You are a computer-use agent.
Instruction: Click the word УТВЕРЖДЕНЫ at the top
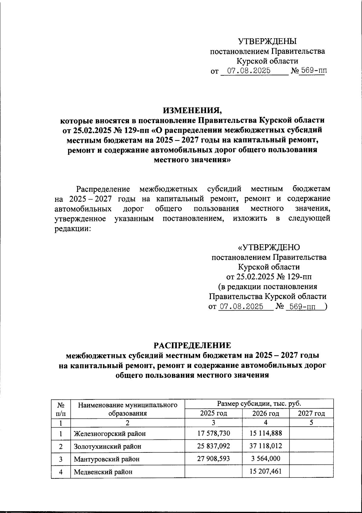tap(267, 41)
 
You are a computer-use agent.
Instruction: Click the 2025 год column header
tap(213, 413)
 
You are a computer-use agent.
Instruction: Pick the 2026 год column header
tap(265, 413)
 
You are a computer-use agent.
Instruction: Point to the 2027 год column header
tap(311, 413)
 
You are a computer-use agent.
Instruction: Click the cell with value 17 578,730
tap(213, 433)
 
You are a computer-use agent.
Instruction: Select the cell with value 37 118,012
tap(265, 446)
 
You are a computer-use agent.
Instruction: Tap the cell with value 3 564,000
tap(265, 458)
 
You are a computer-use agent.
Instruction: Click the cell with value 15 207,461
tap(265, 471)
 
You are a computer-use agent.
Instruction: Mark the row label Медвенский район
tap(103, 472)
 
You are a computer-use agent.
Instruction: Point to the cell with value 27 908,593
tap(213, 458)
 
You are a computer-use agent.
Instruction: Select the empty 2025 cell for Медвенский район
tap(213, 471)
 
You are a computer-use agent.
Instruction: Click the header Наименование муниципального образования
tap(127, 409)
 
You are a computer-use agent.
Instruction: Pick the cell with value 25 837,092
tap(213, 446)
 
